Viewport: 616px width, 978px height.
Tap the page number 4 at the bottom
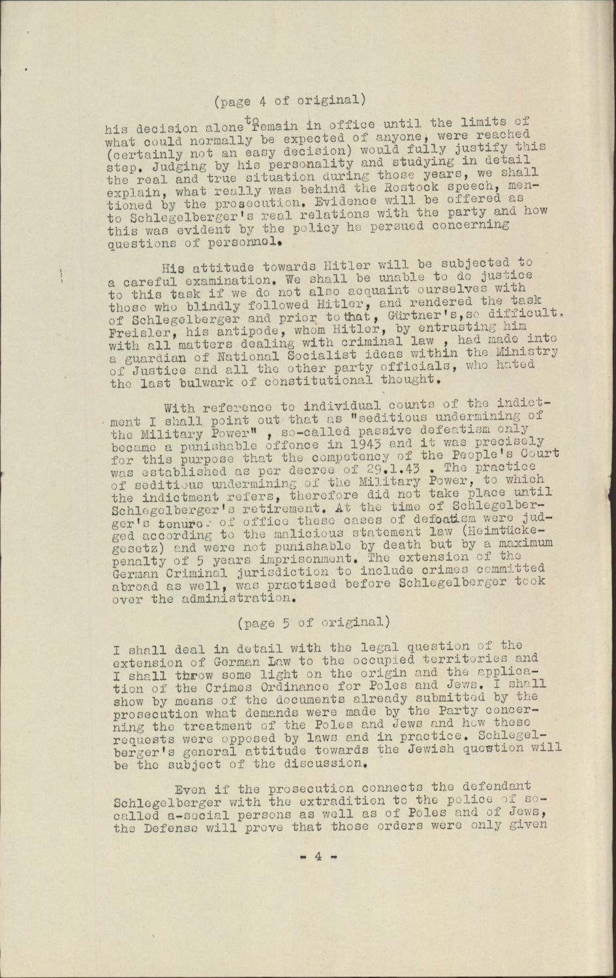[x=317, y=857]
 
